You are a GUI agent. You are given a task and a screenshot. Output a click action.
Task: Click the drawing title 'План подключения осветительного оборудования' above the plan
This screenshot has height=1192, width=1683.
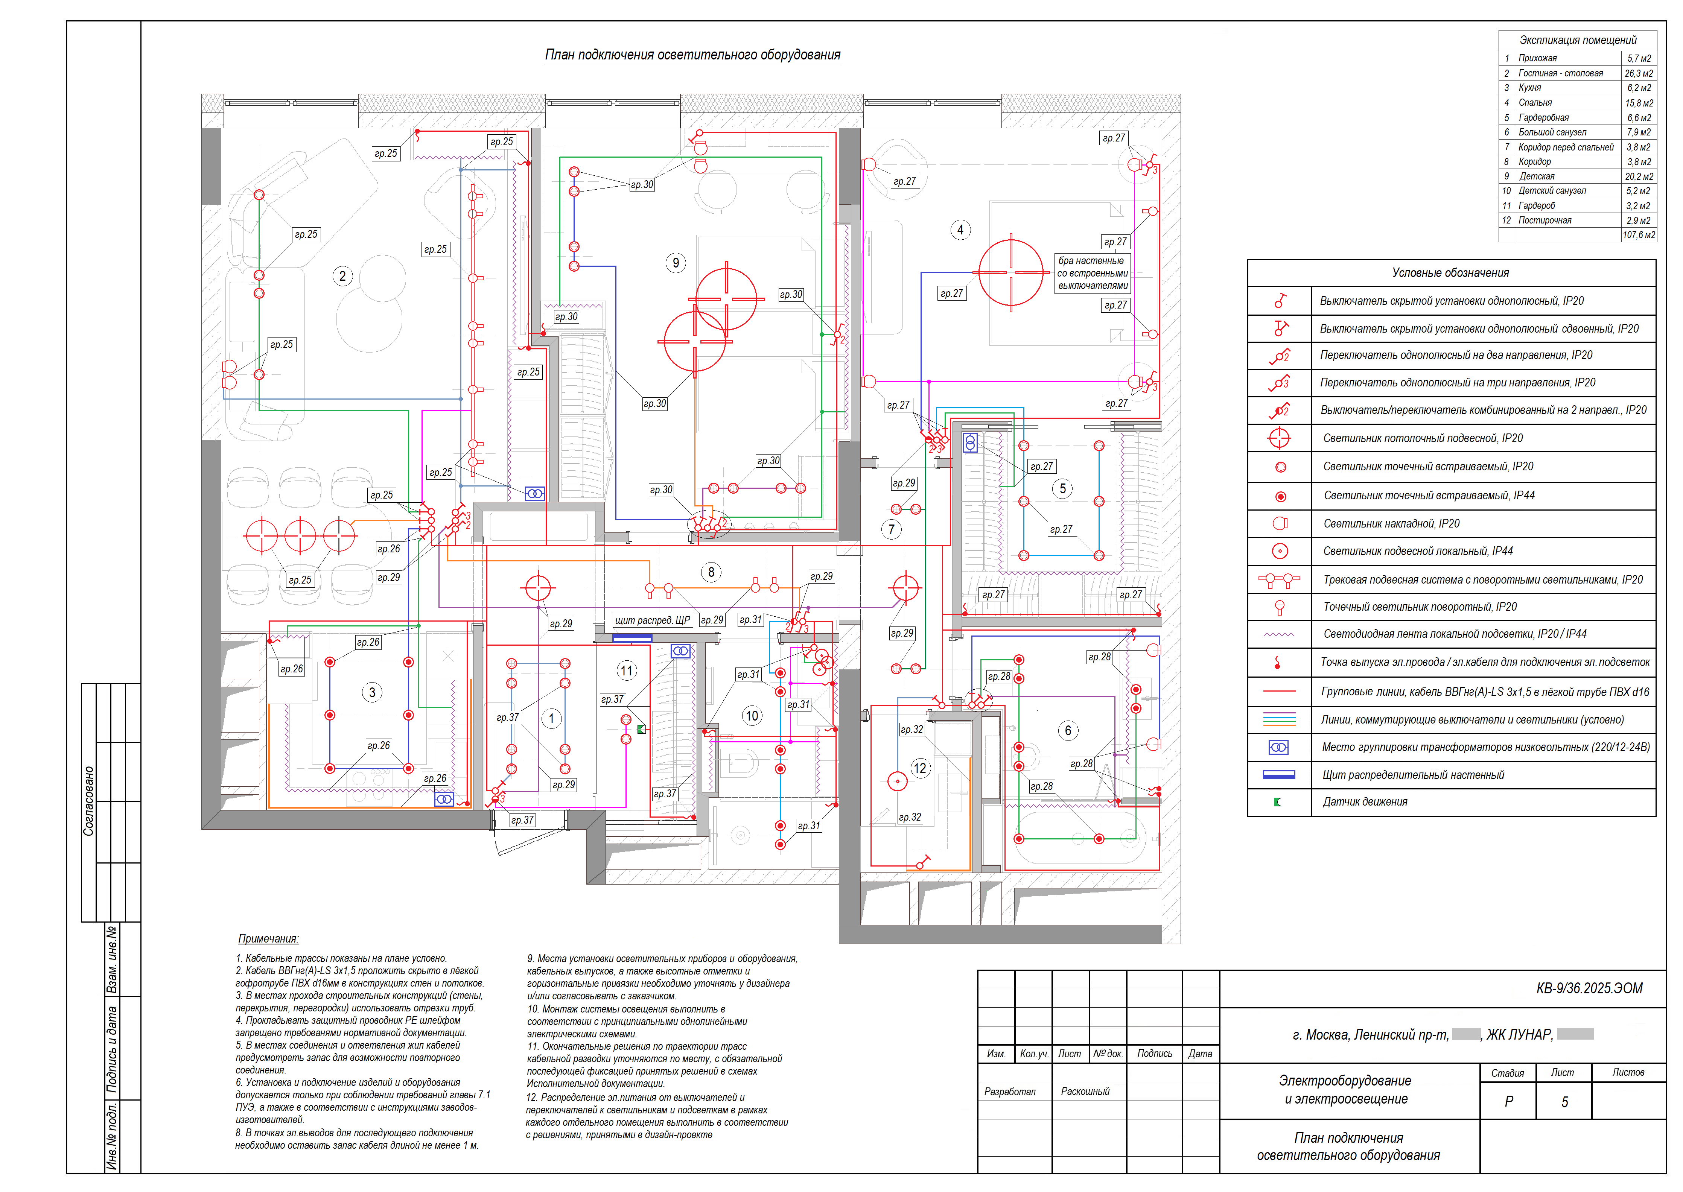pyautogui.click(x=692, y=55)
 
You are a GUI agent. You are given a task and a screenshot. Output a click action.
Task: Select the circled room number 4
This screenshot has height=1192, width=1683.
pyautogui.click(x=960, y=230)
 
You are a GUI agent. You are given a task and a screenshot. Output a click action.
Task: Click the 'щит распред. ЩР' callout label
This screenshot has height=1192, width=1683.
pyautogui.click(x=653, y=620)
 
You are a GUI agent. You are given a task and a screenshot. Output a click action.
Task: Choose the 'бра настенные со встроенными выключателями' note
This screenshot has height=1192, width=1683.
pyautogui.click(x=1092, y=273)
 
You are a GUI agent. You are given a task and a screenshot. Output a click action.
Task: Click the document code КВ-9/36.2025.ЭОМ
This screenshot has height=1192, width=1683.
pyautogui.click(x=1589, y=988)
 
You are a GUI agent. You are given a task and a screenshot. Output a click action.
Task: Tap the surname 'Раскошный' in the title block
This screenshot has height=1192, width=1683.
pyautogui.click(x=1085, y=1092)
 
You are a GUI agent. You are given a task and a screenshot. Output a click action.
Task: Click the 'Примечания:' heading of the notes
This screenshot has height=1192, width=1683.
pyautogui.click(x=268, y=939)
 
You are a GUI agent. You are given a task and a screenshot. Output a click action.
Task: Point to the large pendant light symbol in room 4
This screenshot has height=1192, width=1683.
pyautogui.click(x=1011, y=272)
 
